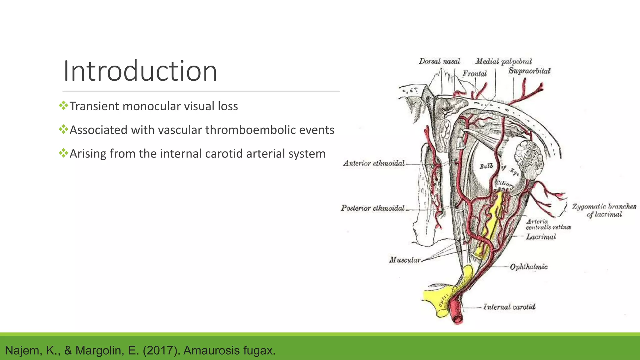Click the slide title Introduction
pyautogui.click(x=140, y=71)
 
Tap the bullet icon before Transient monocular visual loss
pyautogui.click(x=63, y=106)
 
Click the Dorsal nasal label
pyautogui.click(x=439, y=61)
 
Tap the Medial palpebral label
pyautogui.click(x=503, y=61)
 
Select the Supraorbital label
pyautogui.click(x=529, y=71)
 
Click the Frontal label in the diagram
pyautogui.click(x=475, y=74)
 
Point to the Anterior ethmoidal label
pyautogui.click(x=374, y=163)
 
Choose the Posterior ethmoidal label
pyautogui.click(x=372, y=208)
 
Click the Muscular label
pyautogui.click(x=405, y=260)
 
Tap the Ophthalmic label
pyautogui.click(x=529, y=267)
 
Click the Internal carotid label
pyautogui.click(x=509, y=307)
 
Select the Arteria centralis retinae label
pyautogui.click(x=548, y=224)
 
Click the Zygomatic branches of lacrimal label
pyautogui.click(x=604, y=210)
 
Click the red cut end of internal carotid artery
pyautogui.click(x=458, y=319)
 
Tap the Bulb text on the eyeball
pyautogui.click(x=486, y=166)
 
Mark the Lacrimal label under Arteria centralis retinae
pyautogui.click(x=541, y=237)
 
